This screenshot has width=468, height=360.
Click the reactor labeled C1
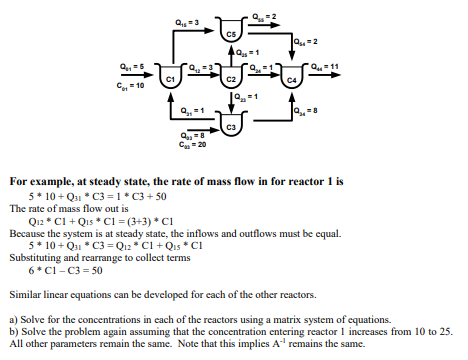[x=170, y=78]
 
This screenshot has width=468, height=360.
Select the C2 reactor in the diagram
[x=232, y=78]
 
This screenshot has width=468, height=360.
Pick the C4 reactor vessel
[x=292, y=78]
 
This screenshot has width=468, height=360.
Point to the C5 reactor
[x=232, y=33]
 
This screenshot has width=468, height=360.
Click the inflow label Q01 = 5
[x=132, y=67]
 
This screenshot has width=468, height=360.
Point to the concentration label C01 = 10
[x=132, y=85]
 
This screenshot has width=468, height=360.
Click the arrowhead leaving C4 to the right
[x=341, y=77]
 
